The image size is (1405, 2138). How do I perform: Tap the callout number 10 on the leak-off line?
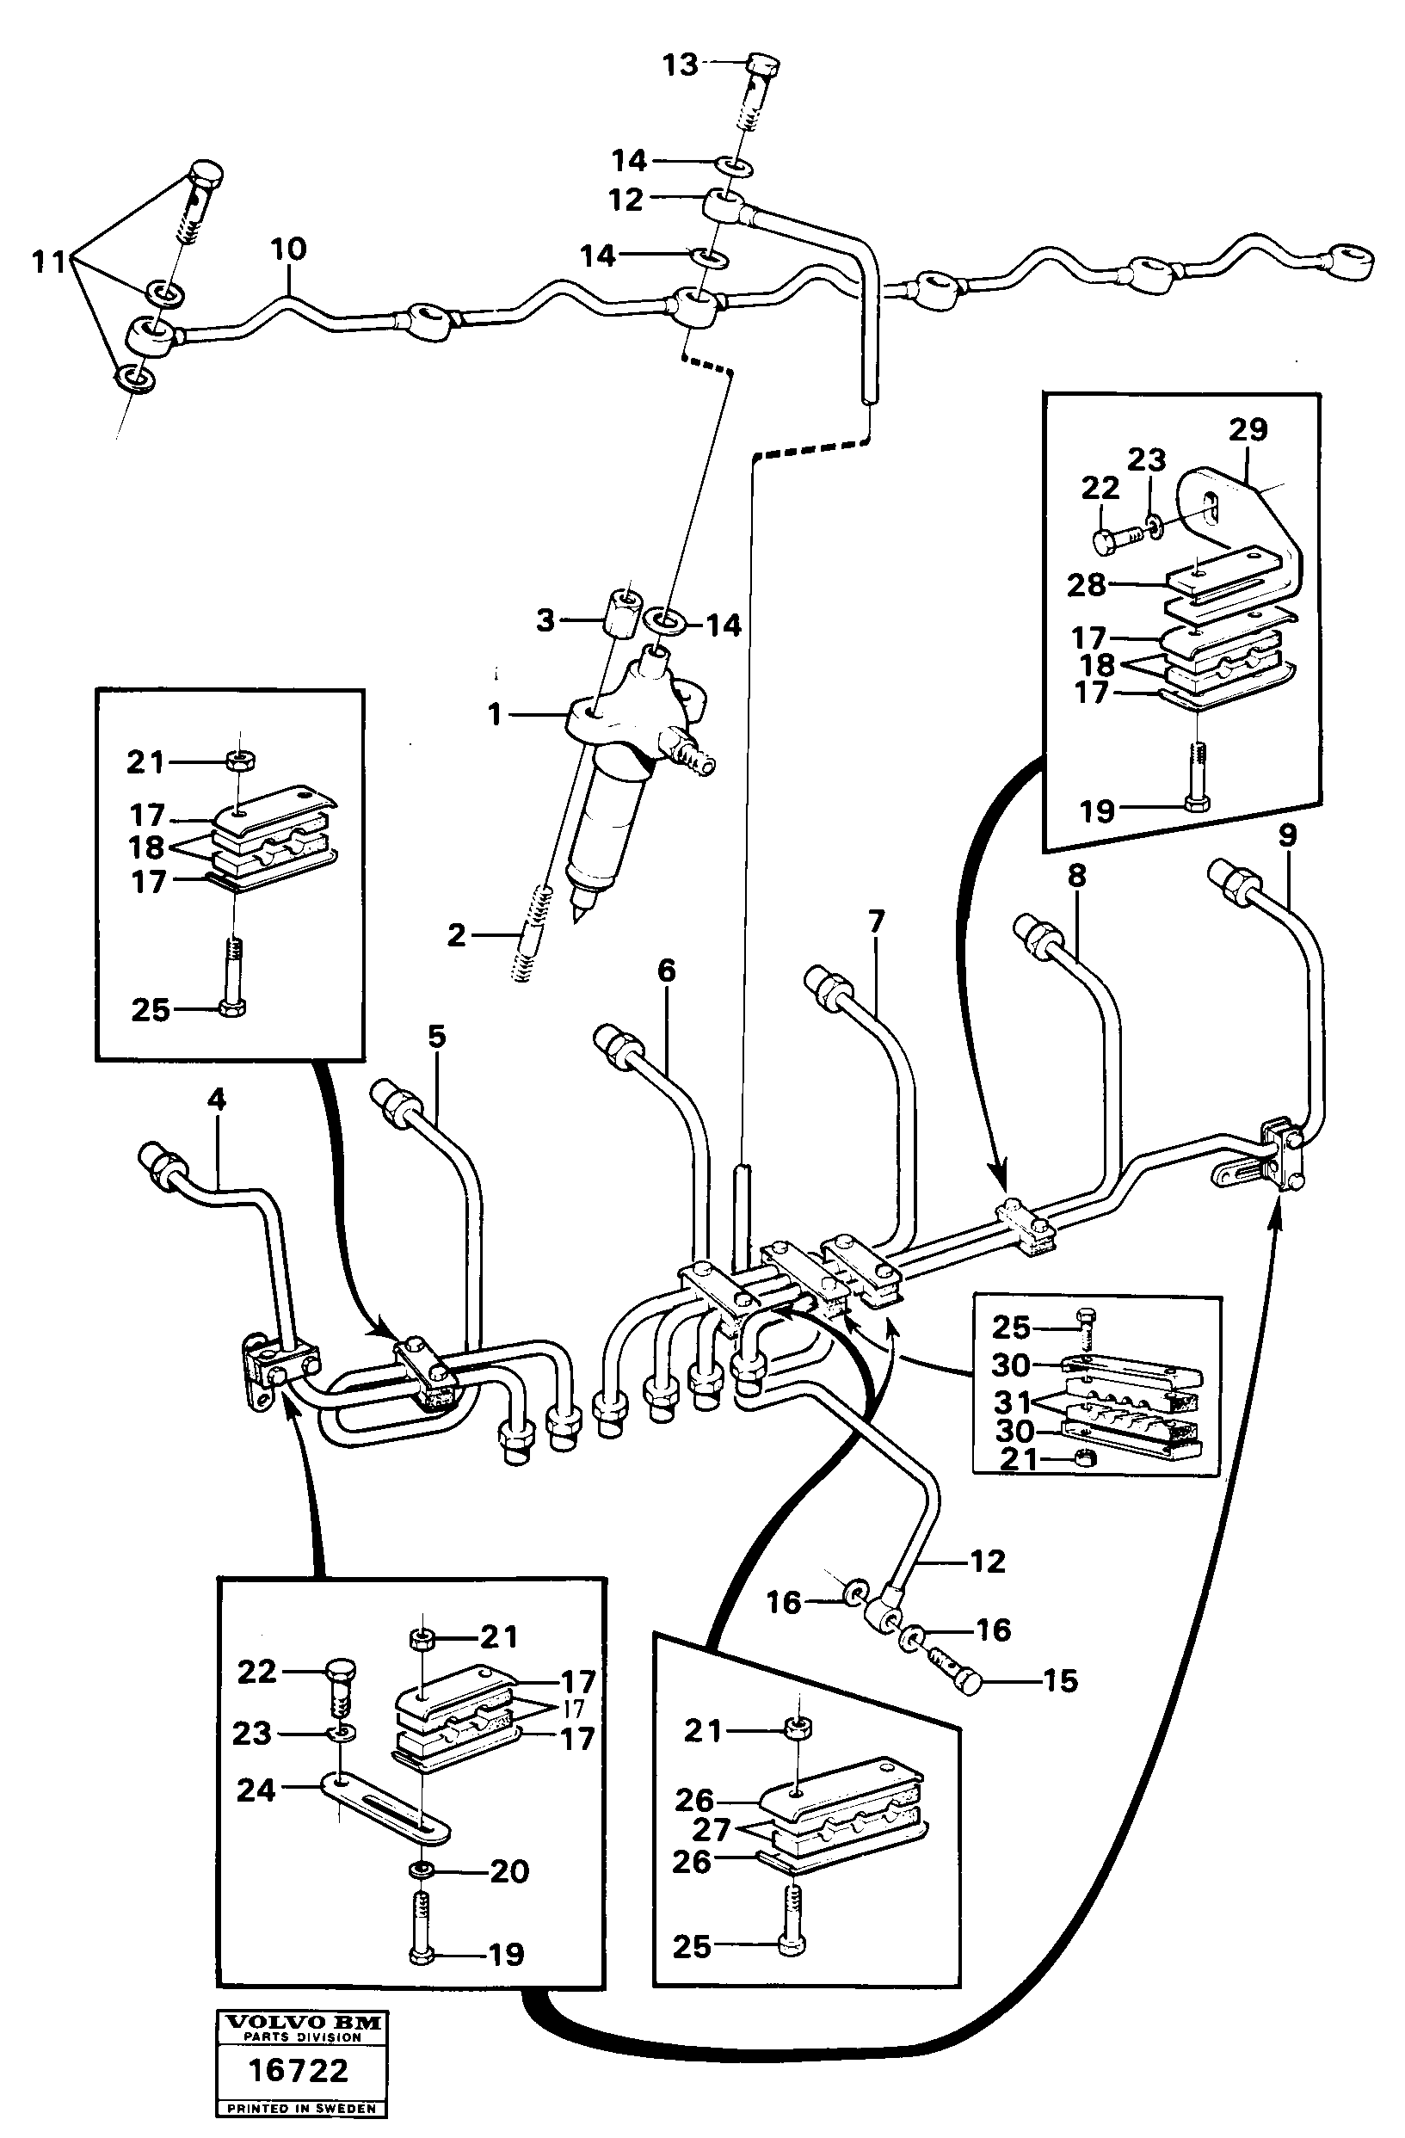click(288, 249)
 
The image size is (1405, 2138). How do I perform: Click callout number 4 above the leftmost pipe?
click(217, 1100)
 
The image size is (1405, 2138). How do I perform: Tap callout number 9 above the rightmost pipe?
click(1287, 835)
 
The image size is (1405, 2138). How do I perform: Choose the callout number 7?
click(876, 921)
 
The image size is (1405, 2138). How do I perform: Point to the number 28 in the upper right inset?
click(1086, 585)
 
